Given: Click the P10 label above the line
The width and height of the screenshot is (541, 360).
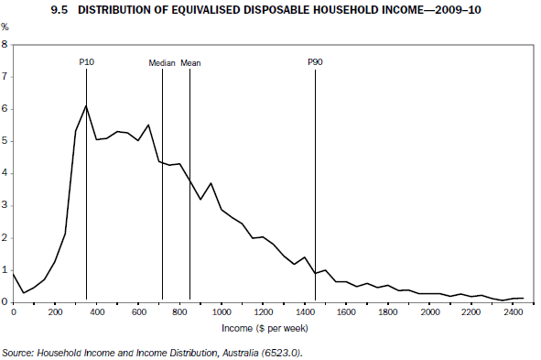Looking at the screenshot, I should point(86,62).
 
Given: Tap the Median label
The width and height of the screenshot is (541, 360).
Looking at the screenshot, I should point(162,62).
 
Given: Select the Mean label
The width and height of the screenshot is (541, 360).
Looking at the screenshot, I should point(190,62).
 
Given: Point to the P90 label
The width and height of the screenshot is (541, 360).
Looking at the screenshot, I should point(315,62).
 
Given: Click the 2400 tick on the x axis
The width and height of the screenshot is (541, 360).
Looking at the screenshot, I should point(514,312).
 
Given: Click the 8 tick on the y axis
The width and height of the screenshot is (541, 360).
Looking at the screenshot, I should point(5,44).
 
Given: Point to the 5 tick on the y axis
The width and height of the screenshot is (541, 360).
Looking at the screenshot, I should point(5,141).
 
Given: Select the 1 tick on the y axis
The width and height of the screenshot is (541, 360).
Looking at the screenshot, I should point(5,269).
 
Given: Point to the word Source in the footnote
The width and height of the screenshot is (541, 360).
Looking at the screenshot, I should point(18,352).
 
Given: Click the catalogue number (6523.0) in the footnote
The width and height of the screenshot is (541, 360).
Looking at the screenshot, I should point(280,352).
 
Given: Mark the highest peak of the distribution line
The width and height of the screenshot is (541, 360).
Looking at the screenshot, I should point(86,105).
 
